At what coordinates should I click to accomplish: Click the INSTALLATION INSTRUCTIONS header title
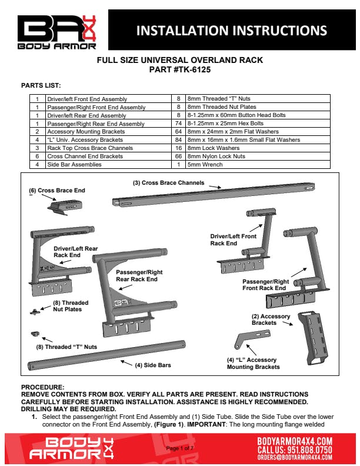click(x=232, y=31)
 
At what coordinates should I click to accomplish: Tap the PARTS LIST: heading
click(x=41, y=85)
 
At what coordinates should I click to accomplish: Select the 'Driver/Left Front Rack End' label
click(x=233, y=239)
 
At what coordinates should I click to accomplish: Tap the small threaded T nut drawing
click(x=35, y=334)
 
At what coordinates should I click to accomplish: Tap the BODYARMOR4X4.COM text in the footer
click(x=295, y=440)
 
